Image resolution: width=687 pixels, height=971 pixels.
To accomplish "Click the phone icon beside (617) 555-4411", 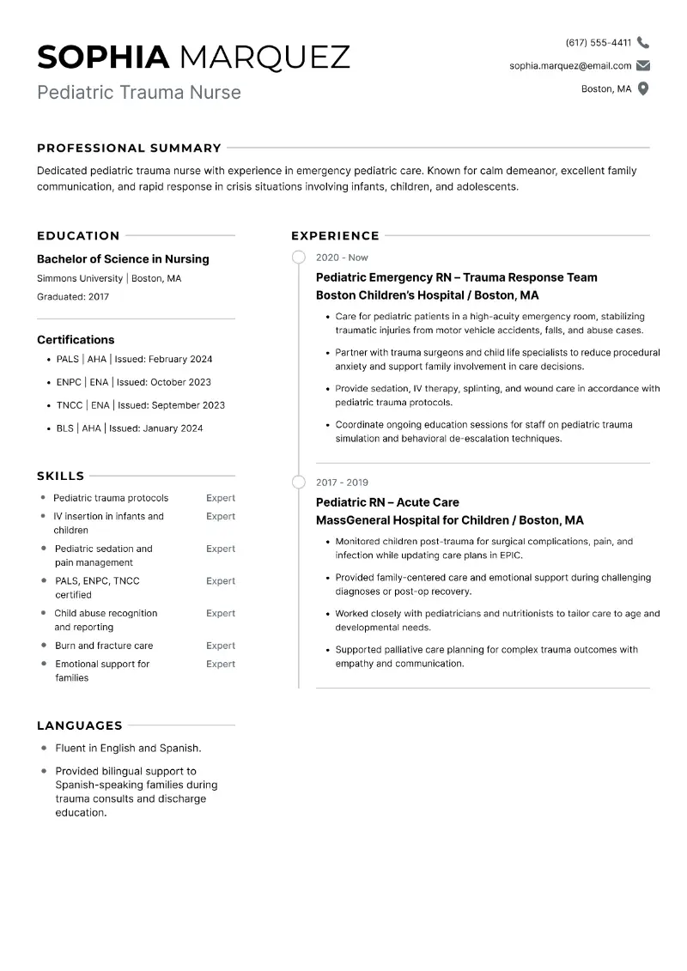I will pos(643,43).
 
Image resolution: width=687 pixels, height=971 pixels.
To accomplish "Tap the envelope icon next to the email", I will pos(643,66).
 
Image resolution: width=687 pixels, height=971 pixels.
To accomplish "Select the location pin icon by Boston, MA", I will pos(643,89).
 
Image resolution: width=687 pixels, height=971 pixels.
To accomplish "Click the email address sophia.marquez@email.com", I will pos(570,66).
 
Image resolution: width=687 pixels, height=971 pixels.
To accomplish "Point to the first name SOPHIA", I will pos(104,57).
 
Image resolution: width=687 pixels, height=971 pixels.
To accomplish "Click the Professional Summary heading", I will pos(129,148).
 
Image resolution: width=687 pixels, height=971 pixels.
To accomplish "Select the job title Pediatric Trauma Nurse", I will pos(139,92).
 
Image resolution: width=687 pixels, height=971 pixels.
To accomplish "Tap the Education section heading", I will pos(78,235).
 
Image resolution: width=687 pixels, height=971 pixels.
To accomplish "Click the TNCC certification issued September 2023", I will pos(141,405).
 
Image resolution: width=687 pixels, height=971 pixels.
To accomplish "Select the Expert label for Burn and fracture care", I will pos(221,646).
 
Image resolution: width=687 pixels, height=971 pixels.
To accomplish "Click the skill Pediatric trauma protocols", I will pos(111,498).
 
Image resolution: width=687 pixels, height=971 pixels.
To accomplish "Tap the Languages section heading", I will pos(80,725).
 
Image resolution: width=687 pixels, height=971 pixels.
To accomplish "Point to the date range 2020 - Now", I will pos(342,258).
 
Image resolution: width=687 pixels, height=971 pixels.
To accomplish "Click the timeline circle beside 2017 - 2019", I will pos(299,482).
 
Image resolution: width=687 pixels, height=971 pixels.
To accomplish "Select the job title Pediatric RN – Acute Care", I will pos(387,502).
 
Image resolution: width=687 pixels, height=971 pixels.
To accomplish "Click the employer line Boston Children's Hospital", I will pos(427,295).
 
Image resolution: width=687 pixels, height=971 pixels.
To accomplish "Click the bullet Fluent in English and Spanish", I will pos(128,749).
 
